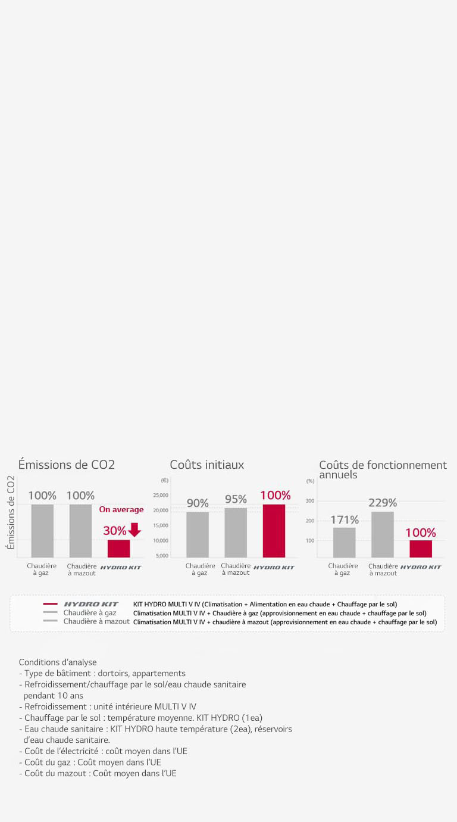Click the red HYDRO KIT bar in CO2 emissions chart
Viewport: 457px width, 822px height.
118,549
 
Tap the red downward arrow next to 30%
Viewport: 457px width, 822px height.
134,530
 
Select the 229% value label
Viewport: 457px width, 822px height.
383,503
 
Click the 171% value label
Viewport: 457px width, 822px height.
345,520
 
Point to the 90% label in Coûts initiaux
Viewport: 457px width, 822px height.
198,503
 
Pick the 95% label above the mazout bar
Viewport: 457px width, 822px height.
236,499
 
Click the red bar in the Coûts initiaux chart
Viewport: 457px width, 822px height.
274,531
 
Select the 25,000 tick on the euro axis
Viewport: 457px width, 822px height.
161,496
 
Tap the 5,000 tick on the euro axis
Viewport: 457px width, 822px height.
162,556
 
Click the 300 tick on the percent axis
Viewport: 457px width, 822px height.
310,501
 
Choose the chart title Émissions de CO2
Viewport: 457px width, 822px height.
66,465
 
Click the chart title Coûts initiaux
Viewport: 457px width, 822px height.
206,465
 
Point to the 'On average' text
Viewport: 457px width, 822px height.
121,510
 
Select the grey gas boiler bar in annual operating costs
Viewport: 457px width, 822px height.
344,543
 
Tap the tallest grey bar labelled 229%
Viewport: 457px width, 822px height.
383,534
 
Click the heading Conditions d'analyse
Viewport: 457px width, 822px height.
57,662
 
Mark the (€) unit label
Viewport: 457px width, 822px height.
164,480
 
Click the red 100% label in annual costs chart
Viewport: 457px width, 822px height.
420,533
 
